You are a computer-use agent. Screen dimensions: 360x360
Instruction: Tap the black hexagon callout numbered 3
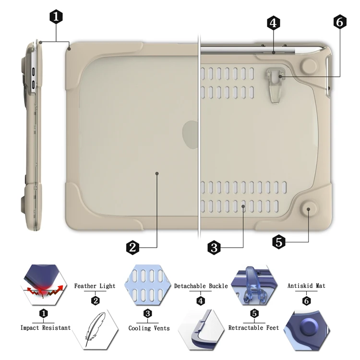(x=214, y=247)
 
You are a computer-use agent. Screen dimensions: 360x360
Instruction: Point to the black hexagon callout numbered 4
(x=274, y=23)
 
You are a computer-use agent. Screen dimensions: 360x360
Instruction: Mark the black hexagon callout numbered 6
(x=340, y=22)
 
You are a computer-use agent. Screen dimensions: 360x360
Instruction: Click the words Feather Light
(x=95, y=286)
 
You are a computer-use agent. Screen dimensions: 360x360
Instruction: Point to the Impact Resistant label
(x=46, y=328)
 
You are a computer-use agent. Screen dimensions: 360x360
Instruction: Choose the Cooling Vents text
(x=149, y=328)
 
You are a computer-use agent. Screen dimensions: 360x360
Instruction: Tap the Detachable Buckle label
(x=201, y=286)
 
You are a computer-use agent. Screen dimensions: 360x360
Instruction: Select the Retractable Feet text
(x=253, y=328)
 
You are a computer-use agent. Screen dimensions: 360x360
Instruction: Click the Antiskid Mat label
(x=306, y=286)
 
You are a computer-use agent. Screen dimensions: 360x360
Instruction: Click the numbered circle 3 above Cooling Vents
(x=148, y=313)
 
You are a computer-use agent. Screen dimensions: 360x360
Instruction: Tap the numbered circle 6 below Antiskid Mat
(x=306, y=301)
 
